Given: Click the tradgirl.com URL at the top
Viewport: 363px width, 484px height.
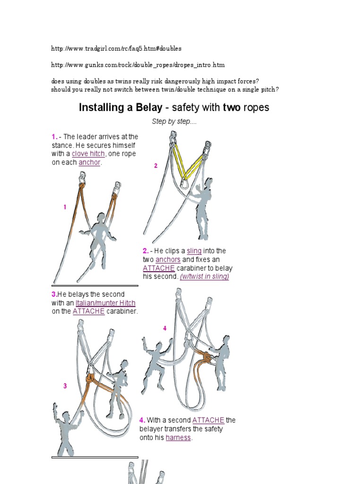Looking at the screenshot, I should click(116, 48).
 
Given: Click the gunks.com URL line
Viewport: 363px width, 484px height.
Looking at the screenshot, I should click(138, 65).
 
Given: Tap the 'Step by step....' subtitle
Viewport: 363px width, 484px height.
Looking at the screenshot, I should click(174, 121).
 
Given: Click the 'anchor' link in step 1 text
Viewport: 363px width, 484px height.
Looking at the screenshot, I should click(89, 162).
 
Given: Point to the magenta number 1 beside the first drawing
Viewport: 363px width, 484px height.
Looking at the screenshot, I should click(65, 207).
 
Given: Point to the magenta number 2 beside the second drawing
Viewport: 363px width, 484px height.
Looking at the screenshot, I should click(156, 166).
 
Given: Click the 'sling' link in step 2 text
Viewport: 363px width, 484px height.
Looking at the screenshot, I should click(194, 251).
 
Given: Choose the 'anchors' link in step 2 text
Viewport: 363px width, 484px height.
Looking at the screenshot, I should click(168, 259).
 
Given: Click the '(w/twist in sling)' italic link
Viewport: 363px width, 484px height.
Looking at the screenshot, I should click(204, 277).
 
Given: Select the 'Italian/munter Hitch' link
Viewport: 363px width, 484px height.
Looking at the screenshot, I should click(105, 303).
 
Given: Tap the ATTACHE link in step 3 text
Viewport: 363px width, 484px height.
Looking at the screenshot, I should click(88, 311).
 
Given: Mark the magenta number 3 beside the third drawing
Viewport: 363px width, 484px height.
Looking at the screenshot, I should click(65, 386).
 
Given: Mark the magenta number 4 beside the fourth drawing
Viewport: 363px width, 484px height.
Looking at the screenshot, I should click(165, 328).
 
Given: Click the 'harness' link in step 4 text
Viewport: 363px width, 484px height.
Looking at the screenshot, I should click(178, 438).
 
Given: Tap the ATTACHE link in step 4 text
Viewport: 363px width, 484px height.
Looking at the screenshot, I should click(208, 420).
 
